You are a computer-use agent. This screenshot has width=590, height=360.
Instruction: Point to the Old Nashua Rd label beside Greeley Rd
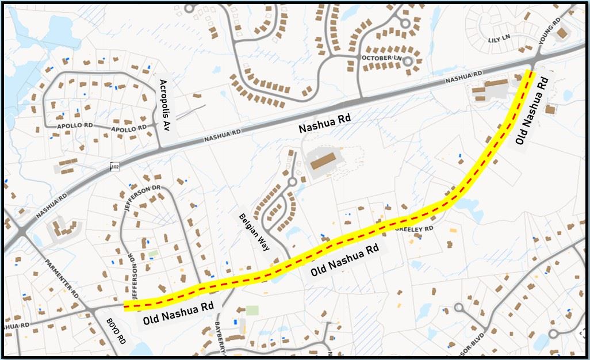pyautogui.click(x=344, y=260)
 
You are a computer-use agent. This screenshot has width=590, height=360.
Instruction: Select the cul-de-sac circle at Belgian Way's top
pyautogui.click(x=292, y=182)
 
